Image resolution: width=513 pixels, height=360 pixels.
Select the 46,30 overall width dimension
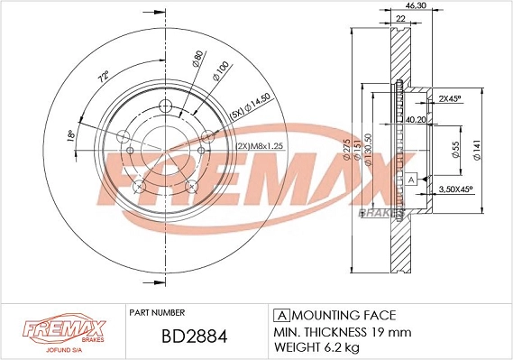[417, 6]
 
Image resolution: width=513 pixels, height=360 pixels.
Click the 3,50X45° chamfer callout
[455, 189]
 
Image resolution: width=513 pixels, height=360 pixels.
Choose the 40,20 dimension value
[417, 119]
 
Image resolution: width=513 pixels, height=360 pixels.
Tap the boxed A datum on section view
[411, 180]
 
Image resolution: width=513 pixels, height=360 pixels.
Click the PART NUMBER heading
[157, 310]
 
